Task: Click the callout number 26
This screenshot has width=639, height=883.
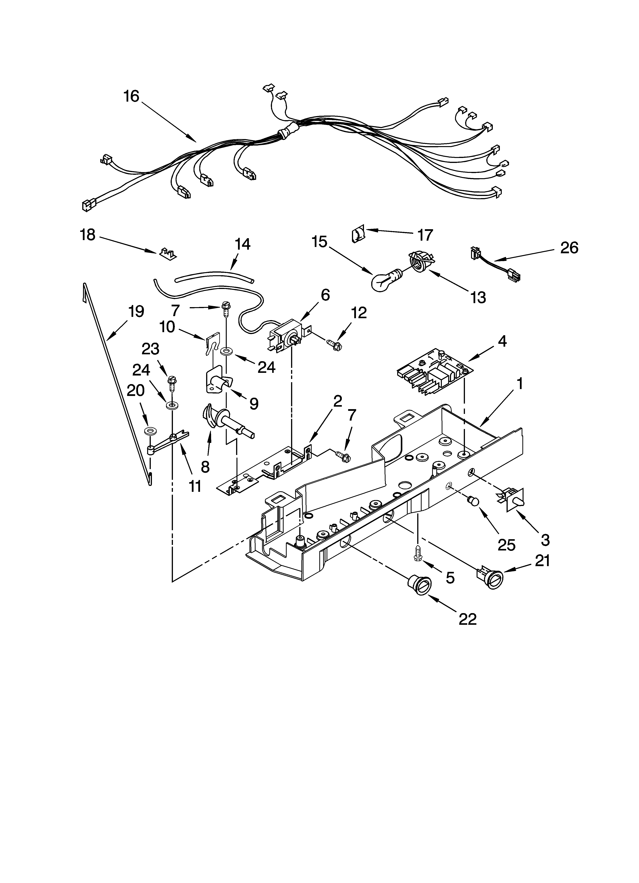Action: [569, 248]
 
